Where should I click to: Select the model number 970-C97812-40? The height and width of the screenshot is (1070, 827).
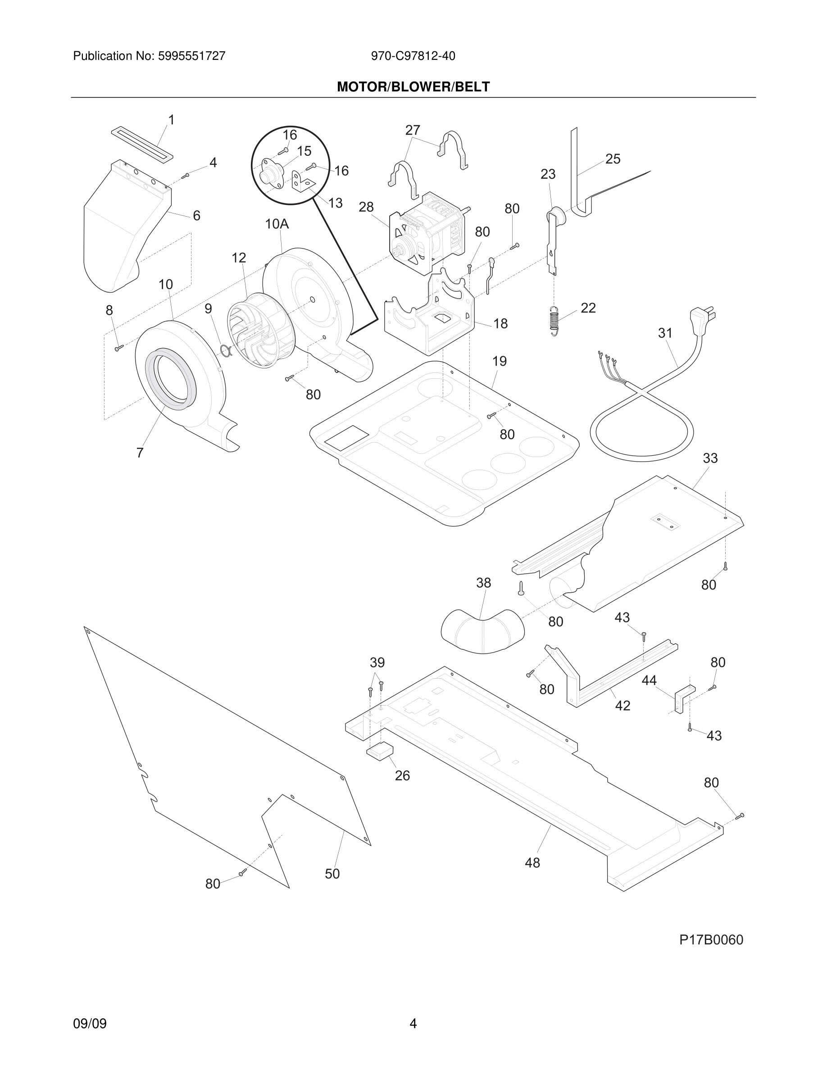point(413,56)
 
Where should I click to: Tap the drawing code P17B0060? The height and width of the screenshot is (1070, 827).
point(711,940)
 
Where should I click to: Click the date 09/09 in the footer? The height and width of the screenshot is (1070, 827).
point(90,1024)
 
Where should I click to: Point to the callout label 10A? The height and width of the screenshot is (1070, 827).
point(277,224)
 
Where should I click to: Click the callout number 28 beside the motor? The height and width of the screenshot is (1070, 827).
point(366,207)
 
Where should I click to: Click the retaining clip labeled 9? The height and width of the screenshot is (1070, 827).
point(225,350)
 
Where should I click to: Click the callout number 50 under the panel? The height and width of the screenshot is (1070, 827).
point(332,874)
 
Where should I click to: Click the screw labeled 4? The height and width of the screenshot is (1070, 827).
point(185,175)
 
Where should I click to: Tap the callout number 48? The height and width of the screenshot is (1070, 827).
point(532,863)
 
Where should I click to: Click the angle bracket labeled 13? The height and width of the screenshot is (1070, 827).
point(301,182)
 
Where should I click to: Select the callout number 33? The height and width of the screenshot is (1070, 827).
point(710,458)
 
